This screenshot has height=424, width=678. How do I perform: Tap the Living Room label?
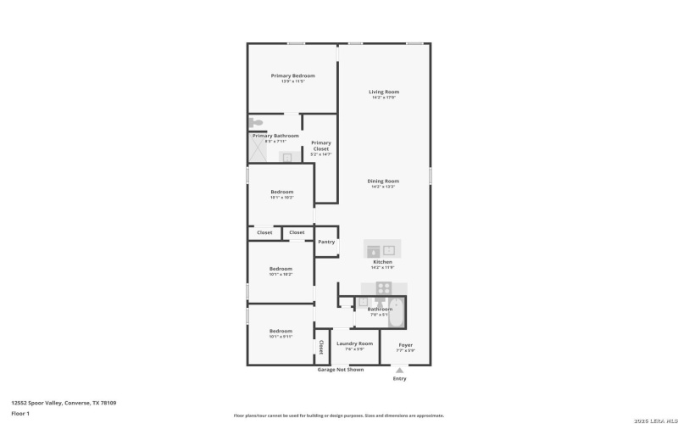tap(383, 92)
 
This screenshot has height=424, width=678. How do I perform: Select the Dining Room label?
tap(383, 181)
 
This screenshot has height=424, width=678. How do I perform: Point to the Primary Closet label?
tap(320, 145)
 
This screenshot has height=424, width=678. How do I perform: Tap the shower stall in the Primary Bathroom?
tap(258, 152)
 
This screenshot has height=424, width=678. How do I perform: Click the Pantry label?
tap(326, 242)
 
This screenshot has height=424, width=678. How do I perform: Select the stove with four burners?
tap(383, 287)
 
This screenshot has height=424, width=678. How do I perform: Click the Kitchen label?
tap(383, 262)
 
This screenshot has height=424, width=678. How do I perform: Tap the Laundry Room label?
tap(354, 343)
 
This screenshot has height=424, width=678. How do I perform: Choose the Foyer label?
tap(406, 344)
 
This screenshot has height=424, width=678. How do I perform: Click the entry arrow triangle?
tap(399, 369)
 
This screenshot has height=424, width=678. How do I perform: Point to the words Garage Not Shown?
tap(341, 370)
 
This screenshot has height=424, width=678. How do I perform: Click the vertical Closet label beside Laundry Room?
tap(320, 346)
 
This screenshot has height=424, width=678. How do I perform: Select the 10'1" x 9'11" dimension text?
tap(281, 337)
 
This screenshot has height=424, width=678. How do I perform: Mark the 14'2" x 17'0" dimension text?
tap(383, 98)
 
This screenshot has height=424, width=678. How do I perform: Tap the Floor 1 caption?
tap(20, 413)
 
